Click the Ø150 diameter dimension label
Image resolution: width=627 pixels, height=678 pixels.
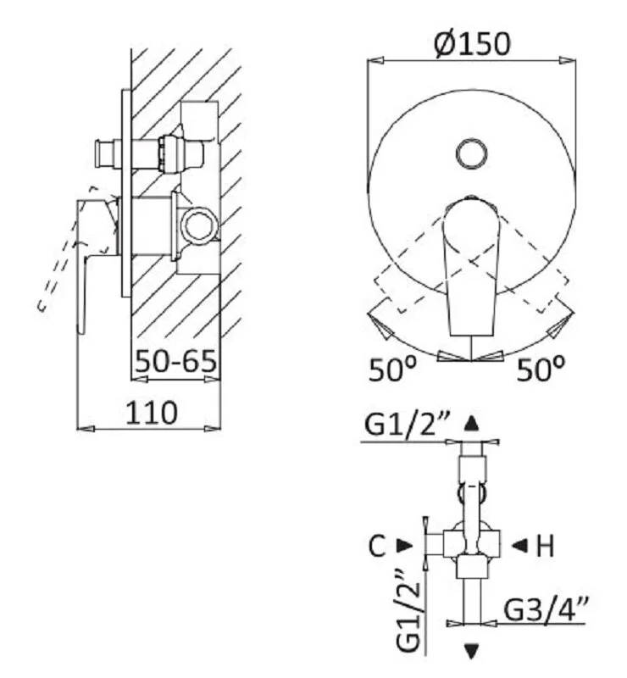472,44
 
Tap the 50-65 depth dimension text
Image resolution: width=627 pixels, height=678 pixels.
175,361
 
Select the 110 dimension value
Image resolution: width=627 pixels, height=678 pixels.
152,412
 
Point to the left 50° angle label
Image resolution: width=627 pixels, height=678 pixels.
392,369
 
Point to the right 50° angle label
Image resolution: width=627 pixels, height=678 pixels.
541,369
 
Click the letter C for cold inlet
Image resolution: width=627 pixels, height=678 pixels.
377,546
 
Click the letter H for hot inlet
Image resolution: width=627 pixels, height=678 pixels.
545,546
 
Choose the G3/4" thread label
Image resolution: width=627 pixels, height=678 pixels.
546,609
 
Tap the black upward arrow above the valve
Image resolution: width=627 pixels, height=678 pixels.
471,423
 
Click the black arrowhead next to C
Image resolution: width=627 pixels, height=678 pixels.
405,546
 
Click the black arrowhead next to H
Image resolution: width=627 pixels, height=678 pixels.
519,546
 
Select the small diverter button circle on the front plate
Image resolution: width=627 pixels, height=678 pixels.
471,154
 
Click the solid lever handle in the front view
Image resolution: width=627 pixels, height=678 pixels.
471,266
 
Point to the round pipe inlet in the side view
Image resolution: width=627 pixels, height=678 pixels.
201,225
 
